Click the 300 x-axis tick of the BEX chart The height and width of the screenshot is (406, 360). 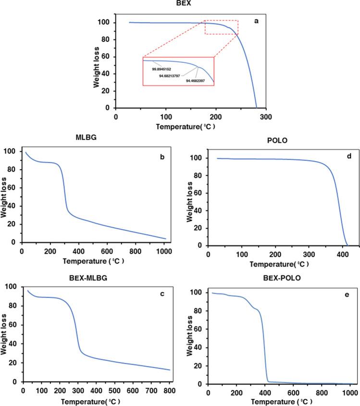[267, 116]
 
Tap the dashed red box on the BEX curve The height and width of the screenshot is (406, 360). [221, 27]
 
